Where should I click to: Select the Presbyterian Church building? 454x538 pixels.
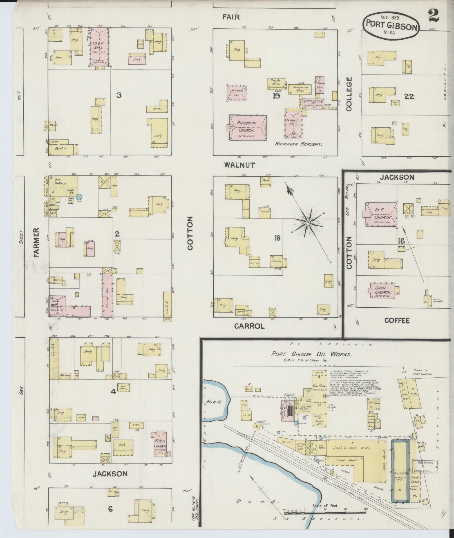pos(248,127)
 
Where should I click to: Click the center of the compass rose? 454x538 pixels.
pos(308,223)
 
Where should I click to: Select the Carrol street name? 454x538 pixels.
pos(249,326)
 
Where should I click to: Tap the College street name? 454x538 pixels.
pos(349,94)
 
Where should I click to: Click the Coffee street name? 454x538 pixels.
pos(397,320)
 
